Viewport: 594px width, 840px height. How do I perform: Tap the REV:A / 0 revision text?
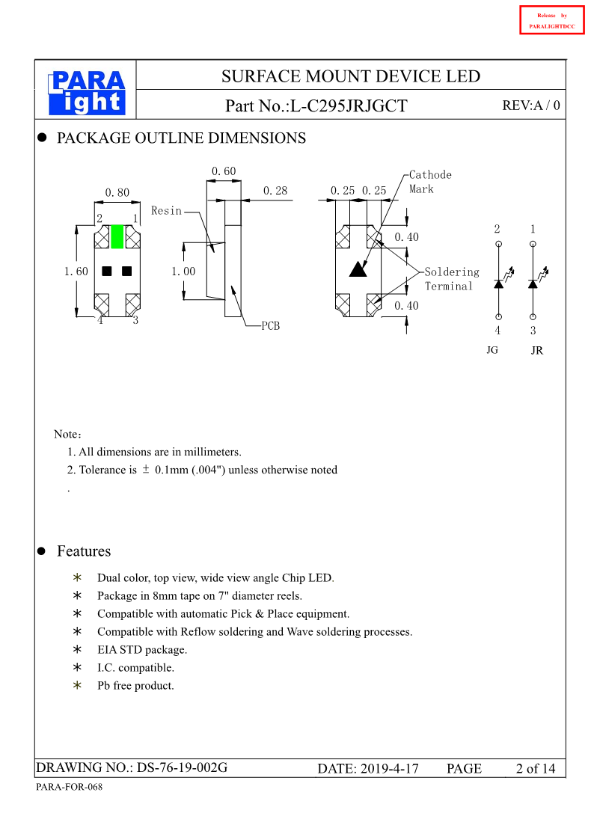pos(530,105)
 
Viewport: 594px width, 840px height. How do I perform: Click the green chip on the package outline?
pos(117,236)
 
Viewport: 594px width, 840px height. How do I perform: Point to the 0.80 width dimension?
pos(117,192)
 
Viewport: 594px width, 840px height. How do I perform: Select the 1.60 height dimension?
pos(76,271)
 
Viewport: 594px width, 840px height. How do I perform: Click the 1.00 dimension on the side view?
pos(183,271)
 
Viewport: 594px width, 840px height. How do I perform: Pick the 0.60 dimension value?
pos(223,172)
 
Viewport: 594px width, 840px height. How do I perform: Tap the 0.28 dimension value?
pos(275,191)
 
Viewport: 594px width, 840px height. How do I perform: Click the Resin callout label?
pos(166,211)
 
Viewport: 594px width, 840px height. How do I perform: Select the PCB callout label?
pos(270,326)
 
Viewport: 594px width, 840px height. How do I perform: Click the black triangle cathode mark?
pos(358,269)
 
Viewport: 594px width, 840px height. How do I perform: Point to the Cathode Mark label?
pos(429,182)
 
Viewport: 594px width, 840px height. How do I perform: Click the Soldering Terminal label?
pos(451,279)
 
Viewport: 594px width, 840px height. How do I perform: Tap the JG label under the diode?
pos(492,349)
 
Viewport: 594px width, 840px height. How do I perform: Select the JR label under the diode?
pos(536,350)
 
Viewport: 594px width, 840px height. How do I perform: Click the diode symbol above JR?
pos(533,283)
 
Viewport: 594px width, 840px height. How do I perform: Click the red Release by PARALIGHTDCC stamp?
pos(551,20)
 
